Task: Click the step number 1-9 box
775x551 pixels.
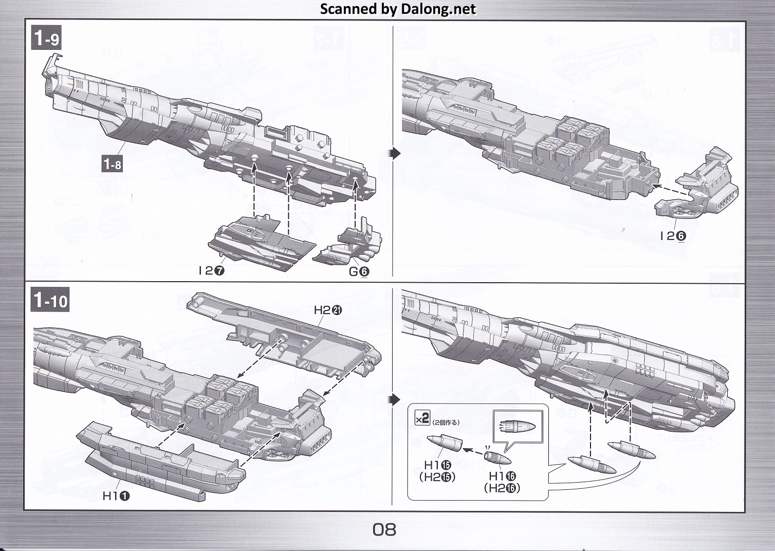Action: [x=46, y=39]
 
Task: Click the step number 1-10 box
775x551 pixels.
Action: [x=50, y=300]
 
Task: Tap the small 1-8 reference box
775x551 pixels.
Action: [x=112, y=164]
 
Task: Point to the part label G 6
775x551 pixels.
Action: [x=359, y=271]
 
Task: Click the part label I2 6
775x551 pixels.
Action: [x=673, y=236]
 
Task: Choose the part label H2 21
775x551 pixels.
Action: [x=328, y=310]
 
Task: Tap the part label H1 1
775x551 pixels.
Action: [x=116, y=495]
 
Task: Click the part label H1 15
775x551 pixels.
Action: [x=437, y=466]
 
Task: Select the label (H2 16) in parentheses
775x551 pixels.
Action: [x=502, y=488]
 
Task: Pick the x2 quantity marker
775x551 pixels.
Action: [x=422, y=419]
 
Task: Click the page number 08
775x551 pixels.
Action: [x=384, y=529]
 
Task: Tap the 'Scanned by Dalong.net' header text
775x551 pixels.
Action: [x=398, y=9]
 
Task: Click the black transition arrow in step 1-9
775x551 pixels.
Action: [x=394, y=153]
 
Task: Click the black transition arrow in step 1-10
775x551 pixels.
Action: [x=394, y=399]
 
